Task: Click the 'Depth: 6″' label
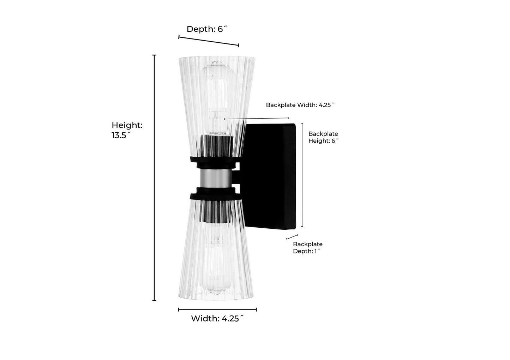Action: click(x=207, y=29)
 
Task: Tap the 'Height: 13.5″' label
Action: click(x=127, y=130)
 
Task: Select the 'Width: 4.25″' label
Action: click(x=217, y=319)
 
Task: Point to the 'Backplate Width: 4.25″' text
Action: click(x=300, y=105)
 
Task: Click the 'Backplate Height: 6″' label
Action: click(x=323, y=137)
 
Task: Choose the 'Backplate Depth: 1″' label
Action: click(x=308, y=247)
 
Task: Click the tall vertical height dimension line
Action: click(x=154, y=178)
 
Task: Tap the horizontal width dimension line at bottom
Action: click(x=217, y=310)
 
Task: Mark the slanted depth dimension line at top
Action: click(x=209, y=41)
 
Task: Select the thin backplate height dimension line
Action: click(x=302, y=175)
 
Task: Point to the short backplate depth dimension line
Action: click(x=292, y=237)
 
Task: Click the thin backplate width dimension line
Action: click(x=256, y=118)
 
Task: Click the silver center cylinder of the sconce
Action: click(x=216, y=178)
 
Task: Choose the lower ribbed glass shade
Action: click(x=216, y=250)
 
